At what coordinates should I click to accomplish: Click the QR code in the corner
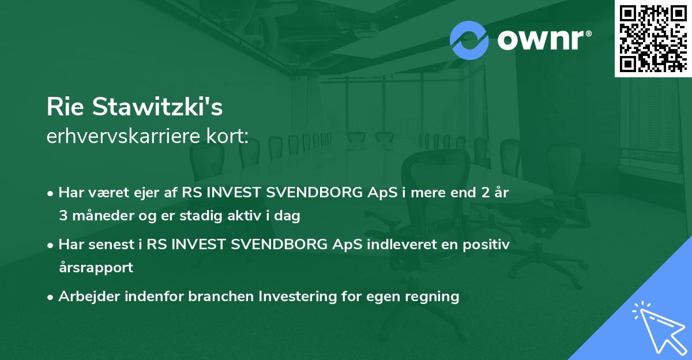(653, 39)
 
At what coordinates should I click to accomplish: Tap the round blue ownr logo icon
(469, 40)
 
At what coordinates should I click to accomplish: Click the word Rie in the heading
(65, 108)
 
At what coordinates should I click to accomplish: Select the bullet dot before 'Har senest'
(51, 245)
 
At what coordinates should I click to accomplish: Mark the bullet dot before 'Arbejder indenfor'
(51, 297)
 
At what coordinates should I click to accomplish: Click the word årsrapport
(96, 268)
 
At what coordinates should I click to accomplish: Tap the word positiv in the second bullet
(489, 244)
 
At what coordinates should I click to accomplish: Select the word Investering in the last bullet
(296, 297)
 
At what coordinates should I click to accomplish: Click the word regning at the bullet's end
(432, 297)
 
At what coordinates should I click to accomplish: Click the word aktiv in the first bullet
(249, 216)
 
